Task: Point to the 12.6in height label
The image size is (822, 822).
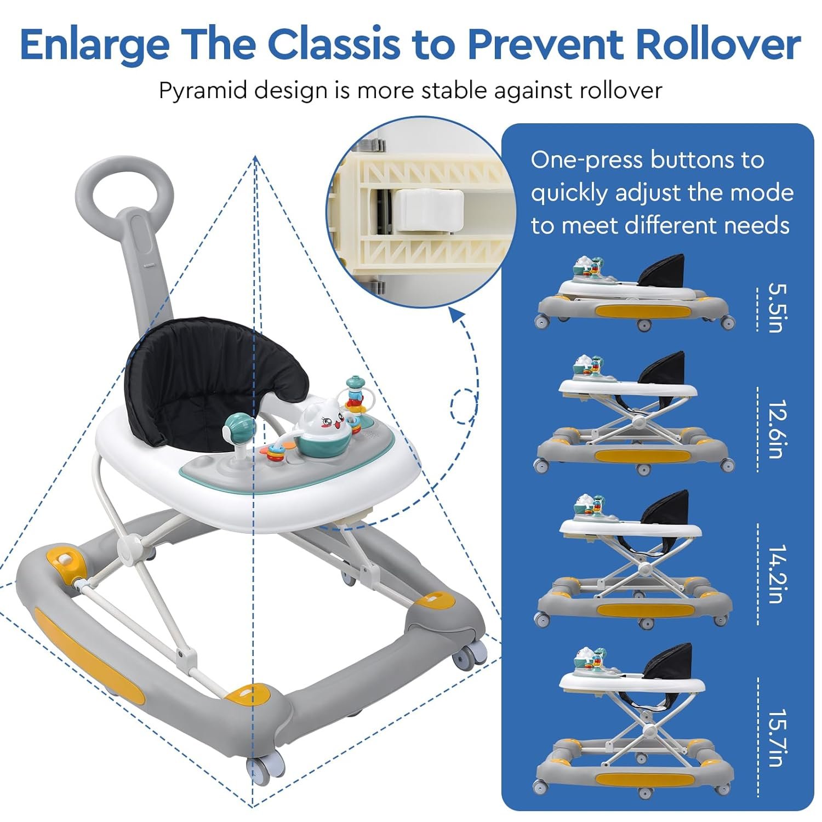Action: (778, 429)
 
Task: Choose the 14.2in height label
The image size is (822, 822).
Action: (778, 574)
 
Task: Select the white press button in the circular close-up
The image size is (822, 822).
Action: (430, 209)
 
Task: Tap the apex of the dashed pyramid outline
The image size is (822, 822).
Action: (255, 156)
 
